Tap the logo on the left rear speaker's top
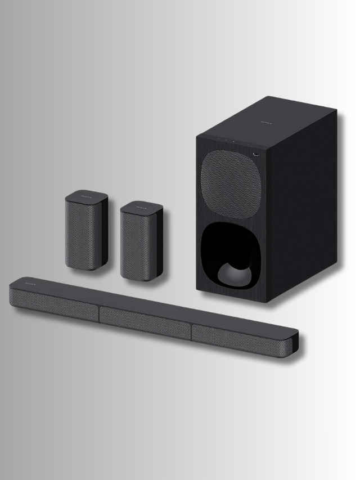pyautogui.click(x=85, y=196)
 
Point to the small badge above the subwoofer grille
pyautogui.click(x=255, y=152)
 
